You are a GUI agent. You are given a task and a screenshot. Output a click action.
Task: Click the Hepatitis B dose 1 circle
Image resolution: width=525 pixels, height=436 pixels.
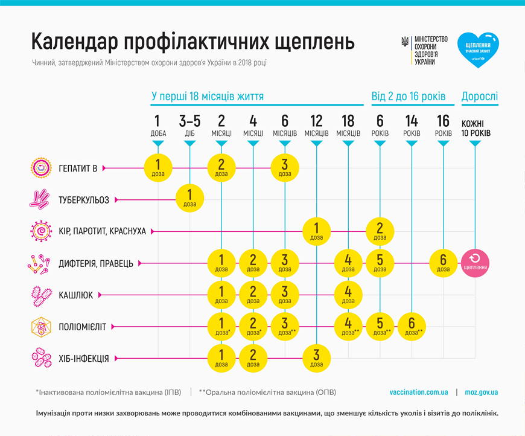pyautogui.click(x=158, y=167)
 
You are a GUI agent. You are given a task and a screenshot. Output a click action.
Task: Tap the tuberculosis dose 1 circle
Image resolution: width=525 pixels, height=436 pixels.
pyautogui.click(x=190, y=199)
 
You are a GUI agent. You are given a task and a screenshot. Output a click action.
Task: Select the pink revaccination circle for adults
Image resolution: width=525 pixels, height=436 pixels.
pyautogui.click(x=476, y=263)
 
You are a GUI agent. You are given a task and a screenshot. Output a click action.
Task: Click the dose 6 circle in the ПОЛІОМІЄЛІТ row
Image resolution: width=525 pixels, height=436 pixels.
pyautogui.click(x=412, y=327)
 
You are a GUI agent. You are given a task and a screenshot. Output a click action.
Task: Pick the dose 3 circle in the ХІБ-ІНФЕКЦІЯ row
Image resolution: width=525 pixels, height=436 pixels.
pyautogui.click(x=316, y=358)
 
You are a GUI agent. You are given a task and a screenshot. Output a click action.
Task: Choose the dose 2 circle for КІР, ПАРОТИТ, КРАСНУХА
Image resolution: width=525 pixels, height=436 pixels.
pyautogui.click(x=380, y=231)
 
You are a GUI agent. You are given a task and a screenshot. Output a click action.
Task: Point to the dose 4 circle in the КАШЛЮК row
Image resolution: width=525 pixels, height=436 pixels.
pyautogui.click(x=348, y=295)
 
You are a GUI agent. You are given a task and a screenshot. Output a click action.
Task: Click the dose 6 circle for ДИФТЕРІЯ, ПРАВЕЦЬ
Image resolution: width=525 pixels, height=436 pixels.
pyautogui.click(x=444, y=263)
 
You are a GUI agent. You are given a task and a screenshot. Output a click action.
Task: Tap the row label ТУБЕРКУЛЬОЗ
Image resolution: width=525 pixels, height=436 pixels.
pyautogui.click(x=84, y=200)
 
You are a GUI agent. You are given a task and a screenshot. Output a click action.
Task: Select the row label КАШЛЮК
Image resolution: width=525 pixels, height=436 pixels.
pyautogui.click(x=77, y=295)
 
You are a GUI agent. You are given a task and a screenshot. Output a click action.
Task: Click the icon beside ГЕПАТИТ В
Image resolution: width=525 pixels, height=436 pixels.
pyautogui.click(x=40, y=167)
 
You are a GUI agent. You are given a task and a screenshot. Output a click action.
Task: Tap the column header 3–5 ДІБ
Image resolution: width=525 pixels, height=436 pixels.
pyautogui.click(x=190, y=126)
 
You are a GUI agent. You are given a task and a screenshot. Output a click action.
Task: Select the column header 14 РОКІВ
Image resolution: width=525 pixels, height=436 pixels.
pyautogui.click(x=412, y=126)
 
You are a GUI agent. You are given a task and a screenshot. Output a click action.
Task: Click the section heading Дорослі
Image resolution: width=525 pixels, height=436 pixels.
pyautogui.click(x=480, y=97)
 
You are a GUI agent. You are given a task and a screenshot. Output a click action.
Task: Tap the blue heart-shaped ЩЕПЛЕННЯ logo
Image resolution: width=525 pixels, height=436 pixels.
pyautogui.click(x=477, y=50)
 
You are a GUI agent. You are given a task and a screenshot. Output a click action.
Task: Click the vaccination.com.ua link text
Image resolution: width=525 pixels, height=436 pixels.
pyautogui.click(x=419, y=392)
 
